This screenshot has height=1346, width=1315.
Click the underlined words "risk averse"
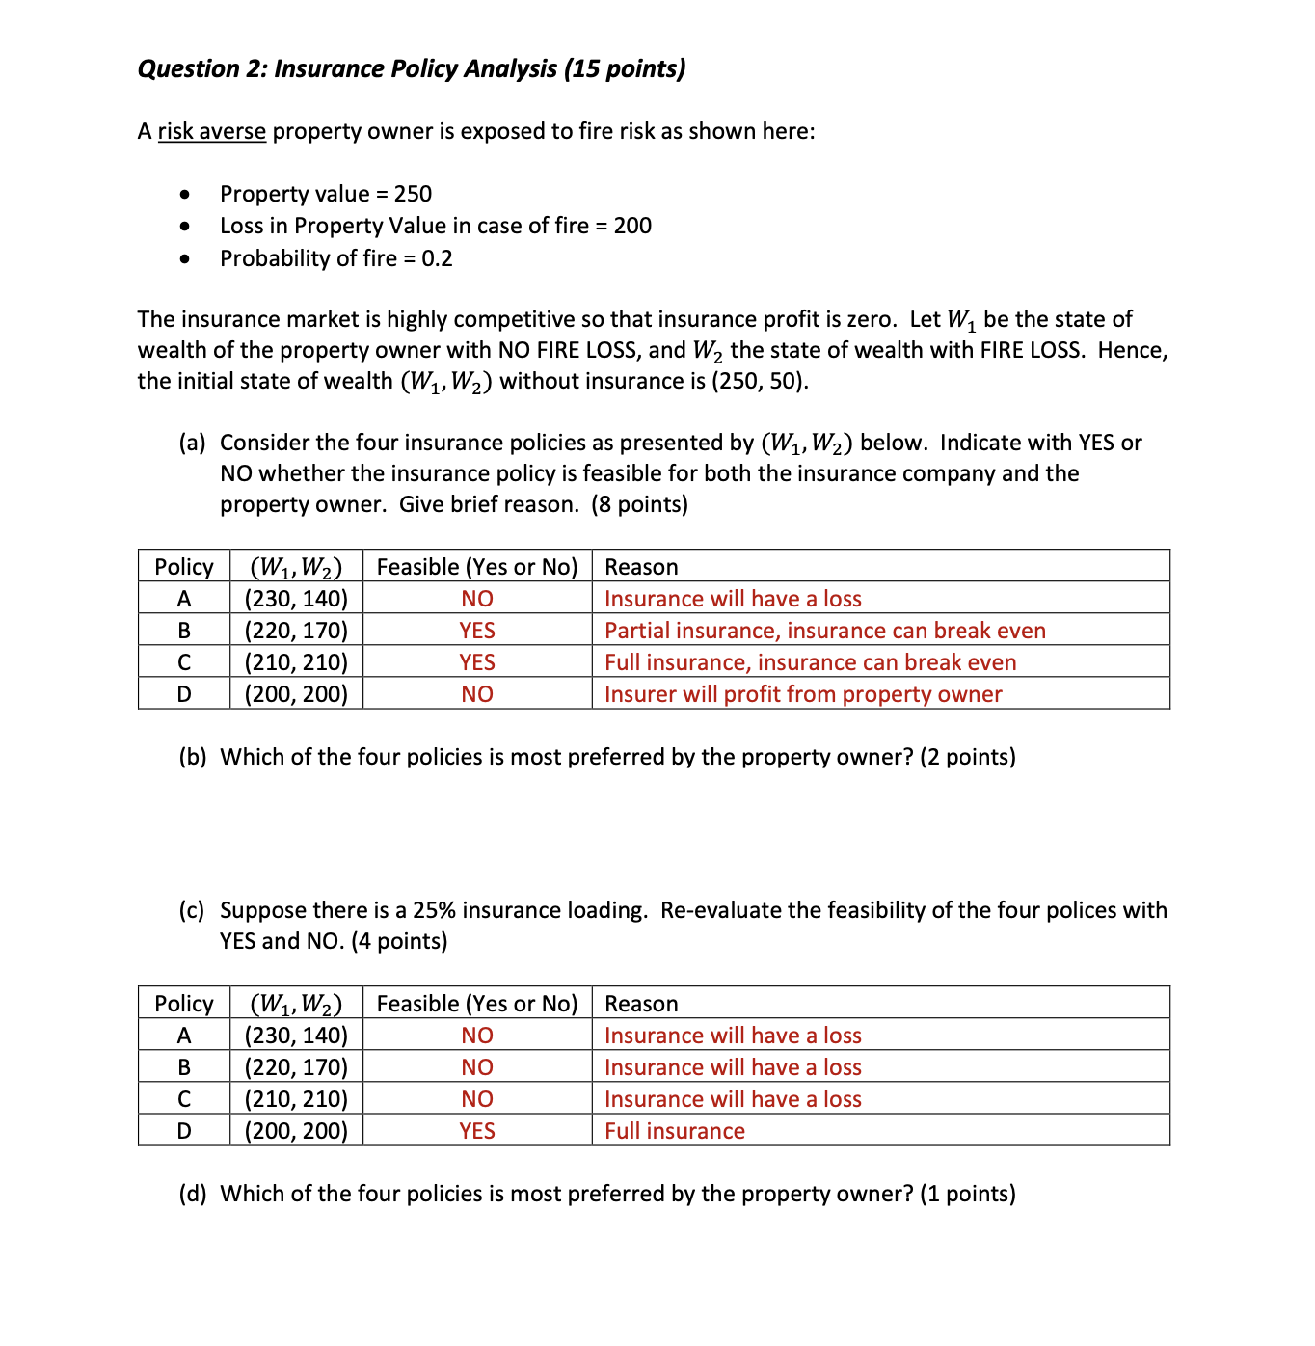point(211,131)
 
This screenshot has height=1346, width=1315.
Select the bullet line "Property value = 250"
point(325,194)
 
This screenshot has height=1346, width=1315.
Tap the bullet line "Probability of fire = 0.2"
point(335,258)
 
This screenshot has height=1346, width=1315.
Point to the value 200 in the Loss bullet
point(632,226)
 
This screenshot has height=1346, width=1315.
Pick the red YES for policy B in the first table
point(477,631)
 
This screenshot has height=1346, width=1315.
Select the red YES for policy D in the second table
point(477,1131)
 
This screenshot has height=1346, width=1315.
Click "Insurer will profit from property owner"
point(803,694)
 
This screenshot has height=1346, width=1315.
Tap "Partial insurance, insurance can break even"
point(824,631)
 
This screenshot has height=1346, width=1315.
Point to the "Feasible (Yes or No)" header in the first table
point(477,567)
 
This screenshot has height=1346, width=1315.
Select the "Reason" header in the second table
point(641,1004)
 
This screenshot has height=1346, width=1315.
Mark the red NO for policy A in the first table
point(477,599)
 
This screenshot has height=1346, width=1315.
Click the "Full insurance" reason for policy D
point(675,1131)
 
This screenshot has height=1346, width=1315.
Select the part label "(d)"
point(193,1194)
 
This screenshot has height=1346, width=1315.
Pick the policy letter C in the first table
point(184,662)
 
